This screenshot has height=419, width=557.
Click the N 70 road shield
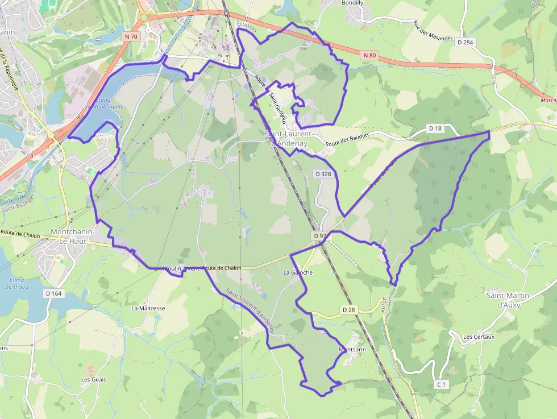[131, 36]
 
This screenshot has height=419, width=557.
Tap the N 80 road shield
[369, 55]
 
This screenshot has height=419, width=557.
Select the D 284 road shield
[464, 43]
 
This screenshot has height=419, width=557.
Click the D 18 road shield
[435, 129]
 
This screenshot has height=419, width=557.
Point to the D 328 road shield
[323, 174]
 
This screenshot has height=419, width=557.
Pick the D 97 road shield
[319, 235]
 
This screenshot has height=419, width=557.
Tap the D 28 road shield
[349, 310]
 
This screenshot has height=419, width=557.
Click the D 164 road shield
[53, 293]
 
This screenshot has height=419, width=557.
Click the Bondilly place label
[352, 3]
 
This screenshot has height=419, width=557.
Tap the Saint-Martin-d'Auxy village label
[508, 300]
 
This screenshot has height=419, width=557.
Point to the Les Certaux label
[479, 337]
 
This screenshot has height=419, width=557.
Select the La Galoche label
[298, 273]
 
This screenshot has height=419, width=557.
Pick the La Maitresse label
[148, 308]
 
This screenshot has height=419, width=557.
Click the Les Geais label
[93, 379]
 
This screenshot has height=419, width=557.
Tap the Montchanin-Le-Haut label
[76, 237]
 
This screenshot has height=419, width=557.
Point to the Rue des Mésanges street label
[433, 31]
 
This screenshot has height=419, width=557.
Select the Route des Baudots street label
[347, 140]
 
